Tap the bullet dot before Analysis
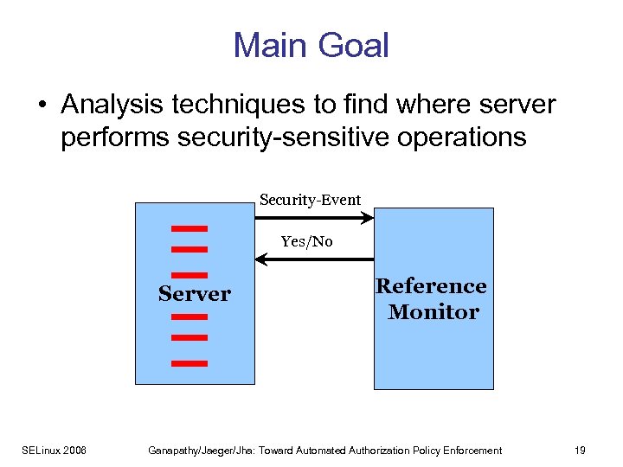click(42, 106)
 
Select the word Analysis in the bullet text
click(112, 106)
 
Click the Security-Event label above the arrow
click(310, 200)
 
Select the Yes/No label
click(306, 241)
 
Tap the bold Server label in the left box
click(194, 294)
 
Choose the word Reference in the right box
click(430, 286)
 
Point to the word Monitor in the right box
click(433, 312)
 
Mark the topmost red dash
click(189, 229)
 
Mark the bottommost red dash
click(189, 363)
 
